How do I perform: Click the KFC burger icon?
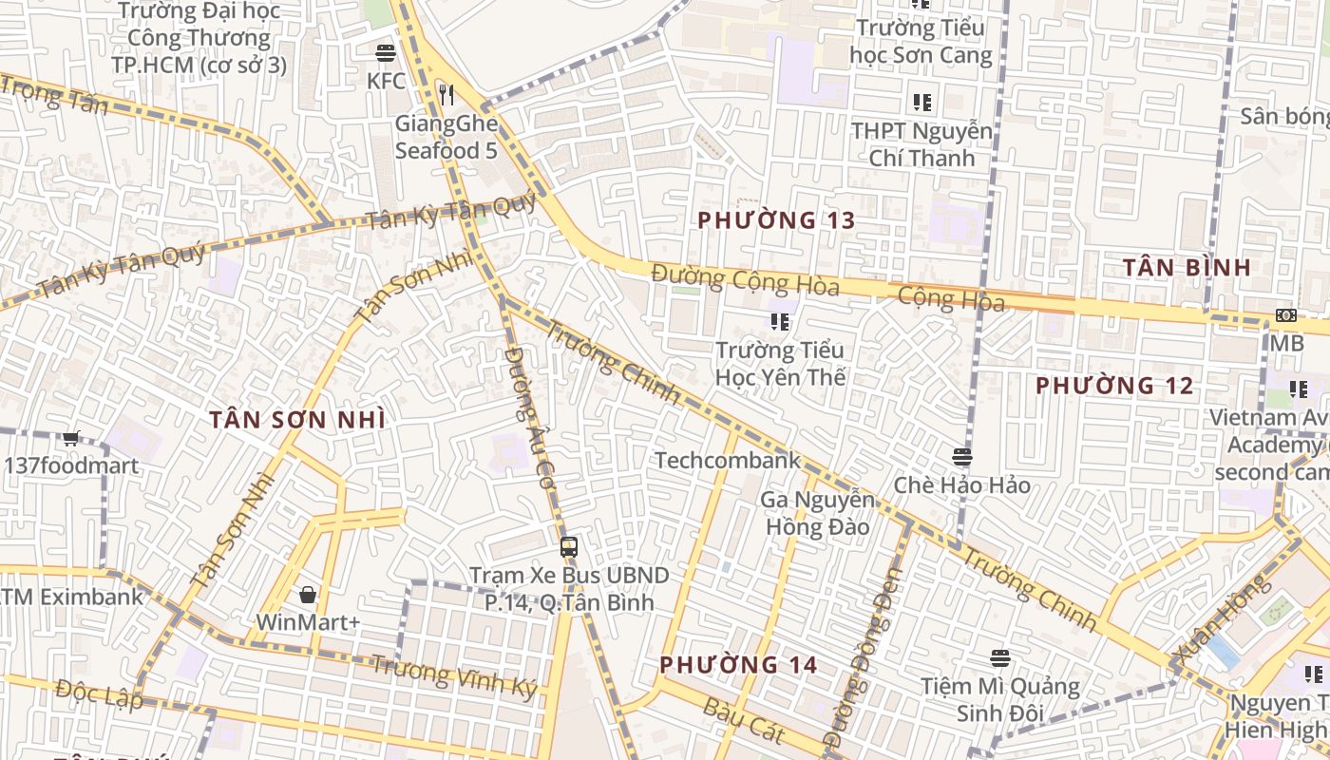[385, 52]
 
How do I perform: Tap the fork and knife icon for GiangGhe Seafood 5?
[446, 94]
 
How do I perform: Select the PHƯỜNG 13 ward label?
[776, 220]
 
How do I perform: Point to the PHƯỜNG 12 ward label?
[1114, 386]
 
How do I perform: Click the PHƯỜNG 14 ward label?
[738, 664]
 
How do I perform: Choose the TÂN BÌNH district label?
[1187, 267]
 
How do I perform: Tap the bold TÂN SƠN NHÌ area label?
[297, 419]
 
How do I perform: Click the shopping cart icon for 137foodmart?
[70, 438]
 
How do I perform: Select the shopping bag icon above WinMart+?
[308, 595]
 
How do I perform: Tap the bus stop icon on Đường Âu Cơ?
[568, 547]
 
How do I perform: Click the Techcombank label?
[727, 461]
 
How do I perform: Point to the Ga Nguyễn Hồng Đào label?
[817, 513]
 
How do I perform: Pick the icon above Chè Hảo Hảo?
[961, 457]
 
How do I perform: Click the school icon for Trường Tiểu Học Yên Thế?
[780, 322]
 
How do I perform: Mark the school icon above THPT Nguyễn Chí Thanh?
[921, 102]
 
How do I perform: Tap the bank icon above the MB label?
[1286, 315]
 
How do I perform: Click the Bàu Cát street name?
[744, 720]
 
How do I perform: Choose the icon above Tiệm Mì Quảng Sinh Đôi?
[999, 657]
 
